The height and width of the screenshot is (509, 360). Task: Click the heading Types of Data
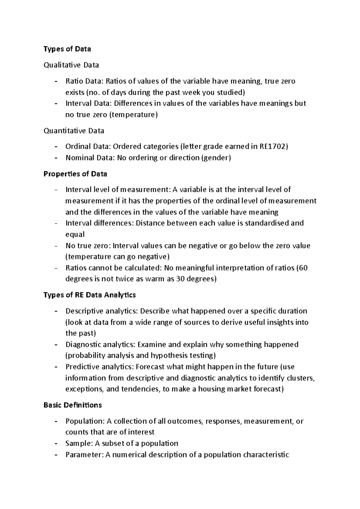(x=67, y=49)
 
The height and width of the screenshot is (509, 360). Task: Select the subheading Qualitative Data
(x=71, y=65)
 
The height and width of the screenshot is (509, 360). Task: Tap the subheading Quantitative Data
(x=74, y=131)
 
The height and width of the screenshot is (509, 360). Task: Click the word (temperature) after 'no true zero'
(x=133, y=115)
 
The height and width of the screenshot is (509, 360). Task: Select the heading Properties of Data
(x=75, y=174)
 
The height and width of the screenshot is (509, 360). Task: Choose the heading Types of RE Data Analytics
(x=90, y=295)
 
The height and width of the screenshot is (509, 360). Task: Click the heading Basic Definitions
(x=73, y=405)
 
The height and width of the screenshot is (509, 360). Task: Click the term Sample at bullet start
(x=75, y=443)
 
